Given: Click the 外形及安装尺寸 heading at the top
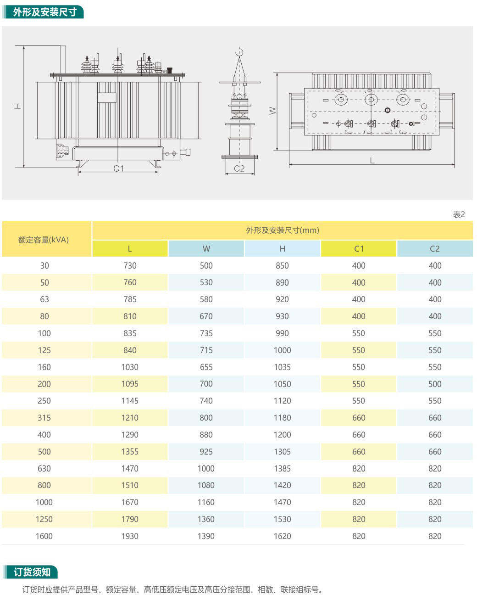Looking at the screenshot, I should coord(44,12).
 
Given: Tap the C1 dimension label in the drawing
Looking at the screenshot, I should coord(118,168).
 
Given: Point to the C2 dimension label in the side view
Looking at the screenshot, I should coord(239,168).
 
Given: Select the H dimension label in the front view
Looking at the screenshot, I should coord(18,106).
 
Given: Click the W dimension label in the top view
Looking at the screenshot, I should coord(272,111).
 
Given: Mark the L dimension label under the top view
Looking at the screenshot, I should coord(372,161).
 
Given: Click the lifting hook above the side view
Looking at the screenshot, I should coord(239,52).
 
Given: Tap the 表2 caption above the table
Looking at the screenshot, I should coord(459,214).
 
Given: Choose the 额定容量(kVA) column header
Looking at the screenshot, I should coord(44,240).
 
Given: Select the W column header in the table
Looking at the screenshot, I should coord(206,249).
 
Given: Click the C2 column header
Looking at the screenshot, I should coord(435,249).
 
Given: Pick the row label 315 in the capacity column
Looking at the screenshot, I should coord(44,418).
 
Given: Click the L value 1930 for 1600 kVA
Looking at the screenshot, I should coord(130,536).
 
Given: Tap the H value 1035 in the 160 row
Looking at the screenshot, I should coord(282,367).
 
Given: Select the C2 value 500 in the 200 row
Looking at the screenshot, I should coord(435,384).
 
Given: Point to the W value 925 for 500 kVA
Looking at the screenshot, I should coord(206,452).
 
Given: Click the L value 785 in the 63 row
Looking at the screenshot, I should coord(130,299).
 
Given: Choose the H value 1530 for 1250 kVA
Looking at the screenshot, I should coord(282,519).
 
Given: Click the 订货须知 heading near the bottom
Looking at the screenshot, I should coord(32,572).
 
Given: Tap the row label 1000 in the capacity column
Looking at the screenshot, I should coord(44,502).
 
